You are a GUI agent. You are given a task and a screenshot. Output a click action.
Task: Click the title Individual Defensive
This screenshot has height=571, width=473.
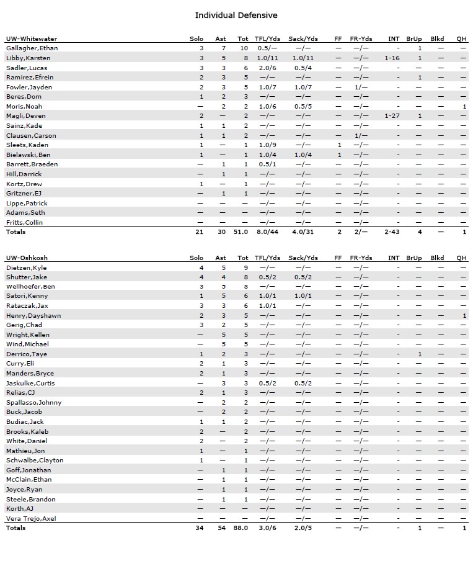point(236,15)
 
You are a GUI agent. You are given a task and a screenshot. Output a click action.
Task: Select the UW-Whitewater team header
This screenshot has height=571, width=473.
point(30,38)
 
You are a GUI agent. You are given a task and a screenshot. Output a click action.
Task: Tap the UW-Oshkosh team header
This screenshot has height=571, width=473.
point(27,258)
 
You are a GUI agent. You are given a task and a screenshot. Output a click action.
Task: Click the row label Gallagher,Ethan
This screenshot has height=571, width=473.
point(32,48)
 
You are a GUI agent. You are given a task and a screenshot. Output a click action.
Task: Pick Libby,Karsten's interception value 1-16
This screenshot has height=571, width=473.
point(392,58)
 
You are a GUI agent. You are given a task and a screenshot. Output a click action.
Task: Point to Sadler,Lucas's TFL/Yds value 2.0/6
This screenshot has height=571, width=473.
point(267,68)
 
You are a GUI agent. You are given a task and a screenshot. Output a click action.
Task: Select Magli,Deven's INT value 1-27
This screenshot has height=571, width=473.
point(392,115)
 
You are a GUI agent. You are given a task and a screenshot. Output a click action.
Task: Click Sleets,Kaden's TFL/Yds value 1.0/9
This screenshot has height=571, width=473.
point(267,145)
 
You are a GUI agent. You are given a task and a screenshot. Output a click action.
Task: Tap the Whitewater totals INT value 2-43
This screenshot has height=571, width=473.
point(392,232)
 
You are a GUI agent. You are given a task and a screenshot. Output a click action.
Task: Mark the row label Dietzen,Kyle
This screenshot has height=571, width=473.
point(27,268)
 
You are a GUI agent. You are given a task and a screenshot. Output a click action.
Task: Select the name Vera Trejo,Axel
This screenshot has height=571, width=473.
point(31,518)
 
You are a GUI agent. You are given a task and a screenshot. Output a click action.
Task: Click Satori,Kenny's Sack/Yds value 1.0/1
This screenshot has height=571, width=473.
point(303,296)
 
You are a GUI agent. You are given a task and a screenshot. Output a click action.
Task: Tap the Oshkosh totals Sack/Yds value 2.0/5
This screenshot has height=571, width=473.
point(303,528)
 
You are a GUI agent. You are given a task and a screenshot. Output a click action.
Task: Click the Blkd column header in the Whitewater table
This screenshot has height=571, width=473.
point(437,38)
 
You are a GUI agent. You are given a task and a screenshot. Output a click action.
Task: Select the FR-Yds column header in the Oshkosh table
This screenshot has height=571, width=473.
point(361,258)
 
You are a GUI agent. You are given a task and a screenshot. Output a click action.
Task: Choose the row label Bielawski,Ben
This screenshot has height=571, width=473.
point(29,154)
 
